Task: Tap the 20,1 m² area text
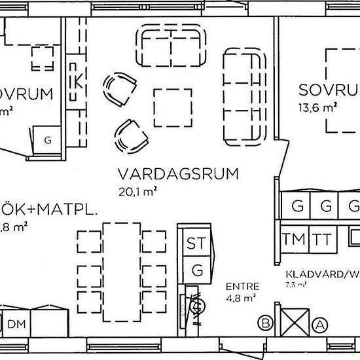click(x=138, y=191)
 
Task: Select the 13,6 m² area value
click(x=318, y=107)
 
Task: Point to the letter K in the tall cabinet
click(x=78, y=83)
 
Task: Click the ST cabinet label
click(x=196, y=243)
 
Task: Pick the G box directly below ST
click(x=196, y=268)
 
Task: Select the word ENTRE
click(x=242, y=286)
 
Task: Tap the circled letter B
click(x=266, y=322)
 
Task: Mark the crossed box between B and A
click(x=293, y=322)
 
